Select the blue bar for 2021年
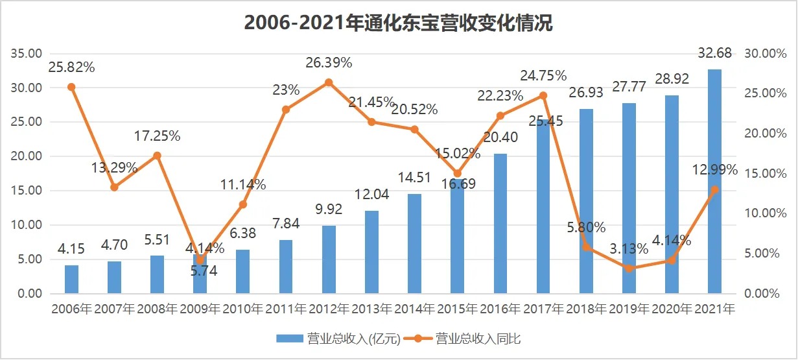coord(714,182)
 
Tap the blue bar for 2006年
coord(71,280)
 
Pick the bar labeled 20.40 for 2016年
coord(500,224)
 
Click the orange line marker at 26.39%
coord(329,82)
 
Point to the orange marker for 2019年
coord(629,269)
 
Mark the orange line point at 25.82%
coord(71,87)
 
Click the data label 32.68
coord(714,53)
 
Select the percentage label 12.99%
coord(714,170)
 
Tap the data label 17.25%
coord(158,136)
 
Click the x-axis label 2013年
coord(371,309)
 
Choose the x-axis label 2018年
coord(586,309)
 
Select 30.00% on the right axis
coord(762,54)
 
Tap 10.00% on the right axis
coord(762,213)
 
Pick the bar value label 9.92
coord(329,210)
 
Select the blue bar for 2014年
coord(414,244)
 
